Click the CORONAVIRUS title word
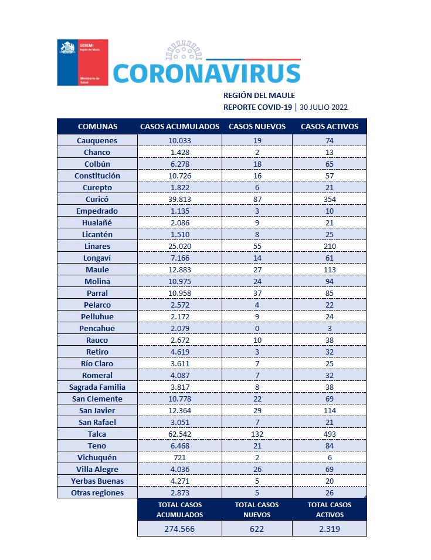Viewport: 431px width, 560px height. coord(206,73)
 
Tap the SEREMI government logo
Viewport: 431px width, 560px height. coord(83,62)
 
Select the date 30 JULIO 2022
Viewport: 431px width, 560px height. coord(324,107)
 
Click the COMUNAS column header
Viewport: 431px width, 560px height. coord(97,126)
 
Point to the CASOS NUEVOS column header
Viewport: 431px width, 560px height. coord(257,126)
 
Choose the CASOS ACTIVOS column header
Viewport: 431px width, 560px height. coord(329,126)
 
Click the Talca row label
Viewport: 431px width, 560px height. coord(97,434)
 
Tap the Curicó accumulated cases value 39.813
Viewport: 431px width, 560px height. coord(179,199)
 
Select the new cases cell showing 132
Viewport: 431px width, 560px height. coord(257,434)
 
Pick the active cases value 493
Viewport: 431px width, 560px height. coord(329,434)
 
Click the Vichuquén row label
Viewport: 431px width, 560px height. coord(97,457)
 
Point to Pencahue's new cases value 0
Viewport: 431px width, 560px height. coord(257,328)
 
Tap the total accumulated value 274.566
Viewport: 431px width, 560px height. coord(179,528)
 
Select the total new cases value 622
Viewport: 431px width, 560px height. coord(257,528)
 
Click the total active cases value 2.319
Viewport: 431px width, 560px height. coord(329,528)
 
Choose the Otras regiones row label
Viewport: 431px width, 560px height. coord(97,492)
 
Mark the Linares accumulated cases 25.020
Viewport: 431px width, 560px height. coord(179,246)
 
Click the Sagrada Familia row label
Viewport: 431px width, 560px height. coord(97,387)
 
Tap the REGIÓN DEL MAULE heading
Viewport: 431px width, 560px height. coord(259,95)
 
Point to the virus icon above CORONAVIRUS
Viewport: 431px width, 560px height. coord(187,51)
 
